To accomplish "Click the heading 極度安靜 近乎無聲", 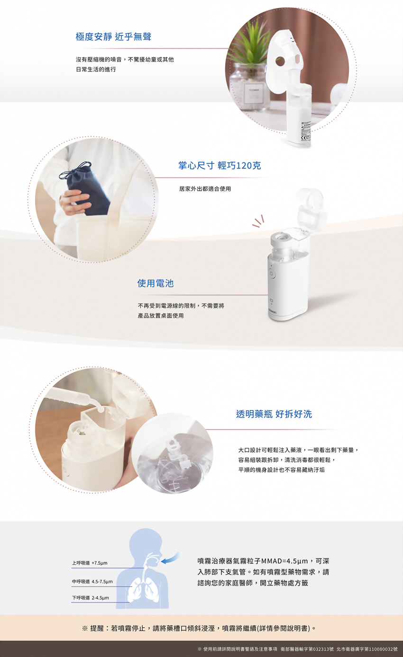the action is coord(113,36).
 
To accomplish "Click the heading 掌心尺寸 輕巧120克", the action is coord(220,166).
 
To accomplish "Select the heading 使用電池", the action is coord(156,284).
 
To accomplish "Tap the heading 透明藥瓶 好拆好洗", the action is coord(274,414).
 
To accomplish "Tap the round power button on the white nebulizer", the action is coord(272,274).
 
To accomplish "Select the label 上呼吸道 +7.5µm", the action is coord(90,563).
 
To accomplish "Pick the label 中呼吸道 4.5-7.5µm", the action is coord(92,581).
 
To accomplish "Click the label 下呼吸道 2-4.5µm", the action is coord(91,598).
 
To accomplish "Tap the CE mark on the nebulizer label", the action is coord(304,138).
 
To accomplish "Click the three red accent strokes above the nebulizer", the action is coord(258,222).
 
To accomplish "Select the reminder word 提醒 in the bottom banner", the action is coord(97,628).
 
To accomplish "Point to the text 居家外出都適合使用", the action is coord(205,189).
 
